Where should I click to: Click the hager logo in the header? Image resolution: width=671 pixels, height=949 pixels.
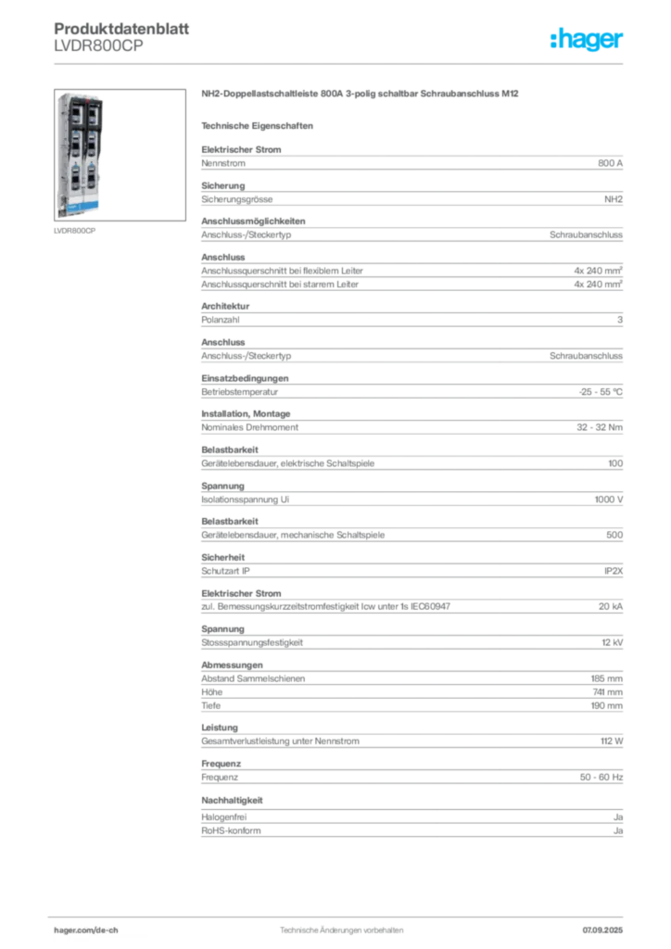click(586, 40)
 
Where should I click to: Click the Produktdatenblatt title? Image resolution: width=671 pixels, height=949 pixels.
click(121, 29)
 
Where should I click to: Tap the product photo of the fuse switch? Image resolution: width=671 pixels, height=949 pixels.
click(120, 155)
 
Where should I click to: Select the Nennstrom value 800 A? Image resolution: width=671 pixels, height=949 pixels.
click(610, 163)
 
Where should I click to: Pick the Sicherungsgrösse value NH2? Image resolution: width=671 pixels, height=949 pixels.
click(614, 199)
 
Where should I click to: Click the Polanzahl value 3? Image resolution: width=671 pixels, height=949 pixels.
click(620, 320)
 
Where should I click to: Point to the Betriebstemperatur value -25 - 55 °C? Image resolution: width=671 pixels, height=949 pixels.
click(601, 392)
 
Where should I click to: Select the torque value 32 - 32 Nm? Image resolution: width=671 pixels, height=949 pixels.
click(599, 427)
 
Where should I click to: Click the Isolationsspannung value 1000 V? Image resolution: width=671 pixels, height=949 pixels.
click(609, 500)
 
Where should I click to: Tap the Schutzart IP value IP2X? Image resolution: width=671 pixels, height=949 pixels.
click(614, 571)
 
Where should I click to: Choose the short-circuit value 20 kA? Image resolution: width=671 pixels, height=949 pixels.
click(611, 606)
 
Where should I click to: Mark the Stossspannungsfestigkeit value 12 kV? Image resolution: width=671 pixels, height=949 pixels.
click(613, 642)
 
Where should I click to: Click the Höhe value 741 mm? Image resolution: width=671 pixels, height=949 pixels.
click(607, 691)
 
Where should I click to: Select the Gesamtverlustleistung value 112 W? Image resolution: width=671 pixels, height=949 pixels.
click(612, 740)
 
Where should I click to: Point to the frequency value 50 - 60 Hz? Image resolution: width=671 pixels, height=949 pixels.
click(601, 778)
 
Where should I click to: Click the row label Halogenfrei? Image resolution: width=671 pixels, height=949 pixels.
click(224, 817)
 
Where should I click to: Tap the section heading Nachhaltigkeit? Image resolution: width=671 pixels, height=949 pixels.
click(232, 800)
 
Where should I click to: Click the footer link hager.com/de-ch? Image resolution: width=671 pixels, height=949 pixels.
click(86, 930)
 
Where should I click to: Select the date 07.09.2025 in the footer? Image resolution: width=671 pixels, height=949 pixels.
click(602, 930)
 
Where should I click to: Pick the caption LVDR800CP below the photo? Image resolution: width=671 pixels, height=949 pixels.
click(74, 231)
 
